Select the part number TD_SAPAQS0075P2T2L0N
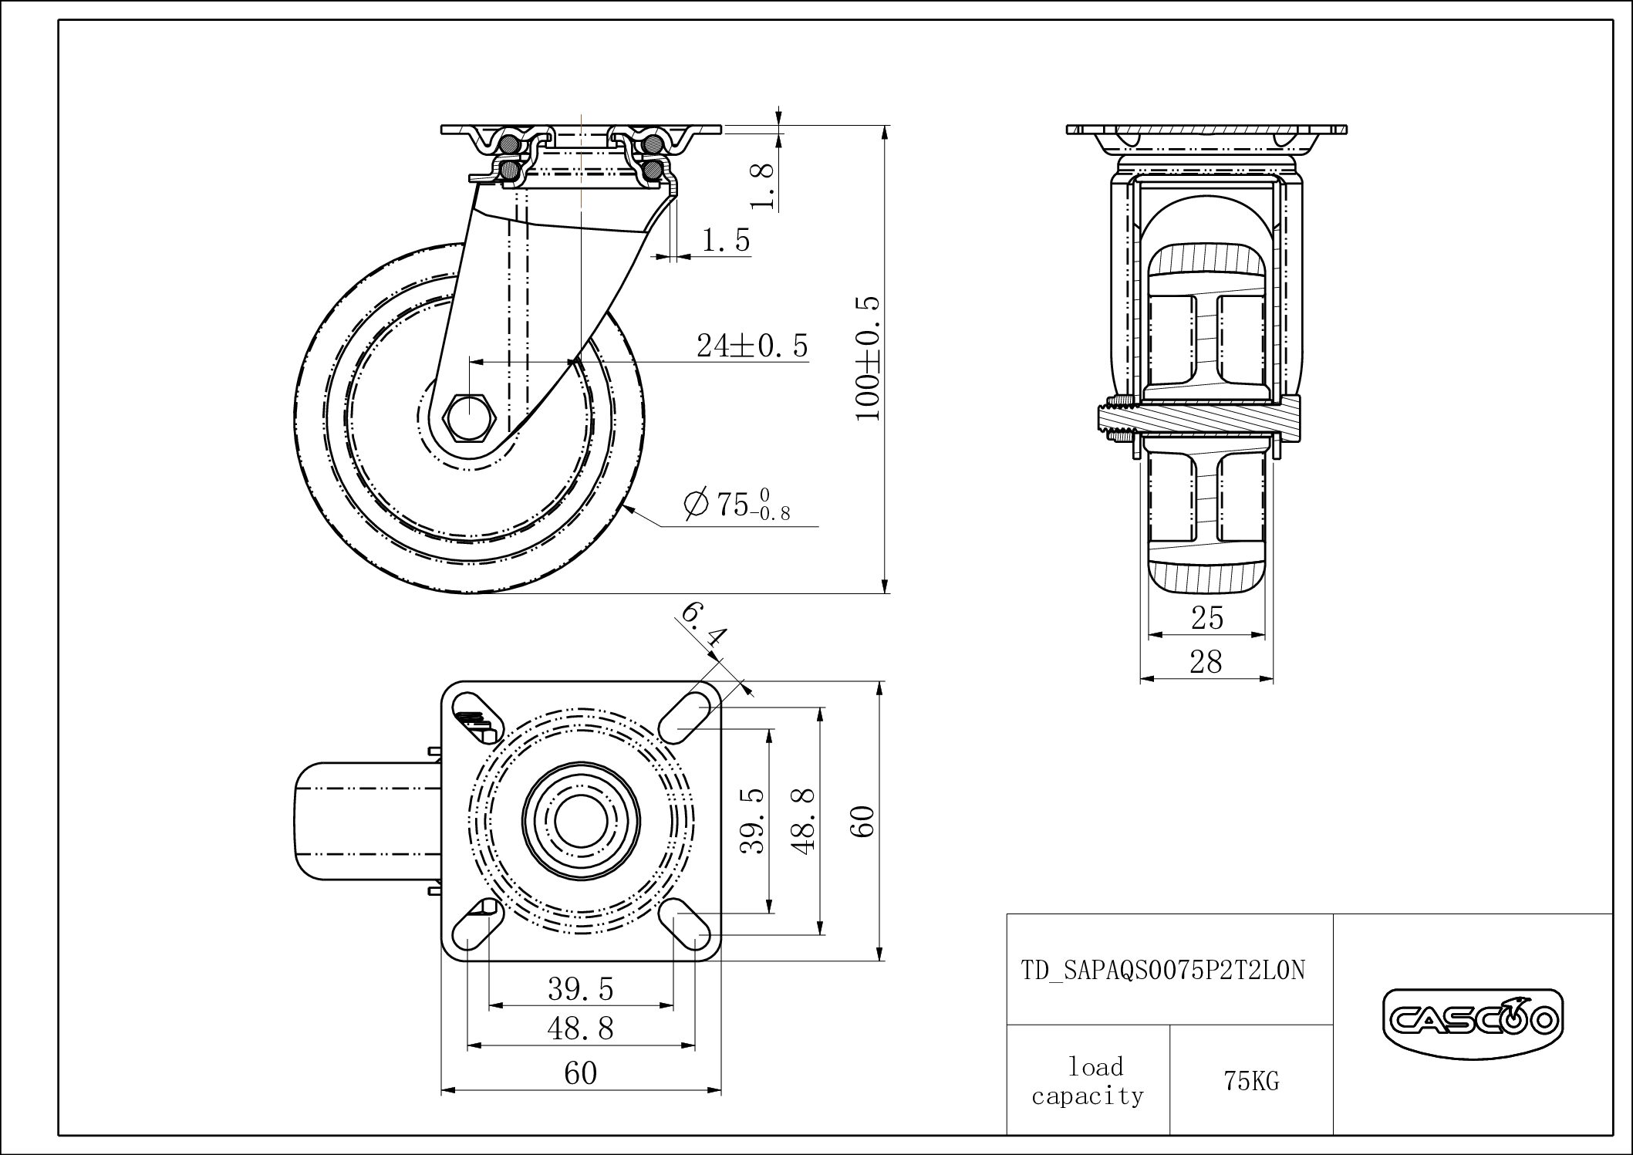point(1163,970)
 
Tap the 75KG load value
point(1251,1082)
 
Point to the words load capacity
point(1088,1082)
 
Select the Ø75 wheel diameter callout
point(737,505)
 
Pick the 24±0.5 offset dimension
point(752,346)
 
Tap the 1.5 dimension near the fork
point(725,241)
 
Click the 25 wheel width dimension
point(1207,618)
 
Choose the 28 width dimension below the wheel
point(1206,662)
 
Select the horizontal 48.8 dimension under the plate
point(580,1028)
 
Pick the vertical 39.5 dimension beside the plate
point(753,820)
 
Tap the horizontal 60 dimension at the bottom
point(580,1073)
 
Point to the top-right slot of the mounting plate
point(685,718)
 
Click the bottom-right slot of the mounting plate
point(685,924)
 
